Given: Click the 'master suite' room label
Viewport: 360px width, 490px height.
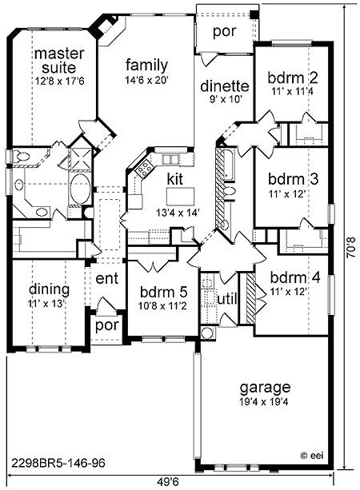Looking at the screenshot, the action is [x=59, y=61].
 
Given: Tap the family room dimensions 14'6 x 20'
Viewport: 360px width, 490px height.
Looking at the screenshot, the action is [x=147, y=81].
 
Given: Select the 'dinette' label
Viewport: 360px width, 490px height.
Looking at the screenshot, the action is [x=225, y=86].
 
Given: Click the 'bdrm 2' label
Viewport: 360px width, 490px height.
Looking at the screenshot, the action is [x=293, y=78].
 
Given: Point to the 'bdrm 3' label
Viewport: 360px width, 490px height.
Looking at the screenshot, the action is [x=293, y=179].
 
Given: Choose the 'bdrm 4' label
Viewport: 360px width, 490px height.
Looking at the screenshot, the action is [x=295, y=277].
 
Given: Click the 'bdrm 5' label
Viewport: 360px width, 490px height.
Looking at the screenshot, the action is [x=163, y=292].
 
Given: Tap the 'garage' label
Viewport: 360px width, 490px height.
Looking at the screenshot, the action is [x=265, y=388].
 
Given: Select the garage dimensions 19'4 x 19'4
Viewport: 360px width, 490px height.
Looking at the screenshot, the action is [x=264, y=402].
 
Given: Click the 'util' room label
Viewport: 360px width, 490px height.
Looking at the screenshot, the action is [x=226, y=299].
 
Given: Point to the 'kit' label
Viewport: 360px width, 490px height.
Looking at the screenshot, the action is [x=175, y=179].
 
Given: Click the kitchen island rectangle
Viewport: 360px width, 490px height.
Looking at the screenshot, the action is [x=180, y=197].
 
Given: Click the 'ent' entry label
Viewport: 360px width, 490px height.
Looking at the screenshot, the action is [x=107, y=278].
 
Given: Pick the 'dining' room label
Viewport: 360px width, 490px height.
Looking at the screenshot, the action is [x=49, y=289].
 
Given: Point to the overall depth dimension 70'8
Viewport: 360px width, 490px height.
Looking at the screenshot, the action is [x=351, y=247].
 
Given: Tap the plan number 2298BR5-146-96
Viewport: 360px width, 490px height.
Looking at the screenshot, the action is [x=58, y=463].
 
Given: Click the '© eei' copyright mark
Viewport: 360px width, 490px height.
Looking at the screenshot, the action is [x=311, y=456].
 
